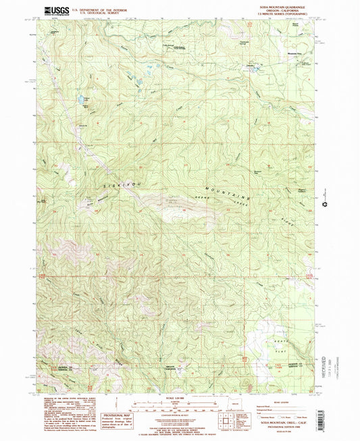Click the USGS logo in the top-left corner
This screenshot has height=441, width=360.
pyautogui.click(x=51, y=10)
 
